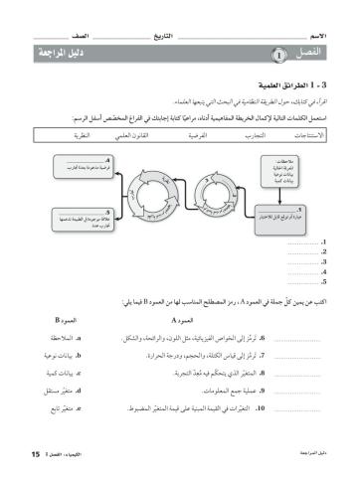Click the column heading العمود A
(187, 322)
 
